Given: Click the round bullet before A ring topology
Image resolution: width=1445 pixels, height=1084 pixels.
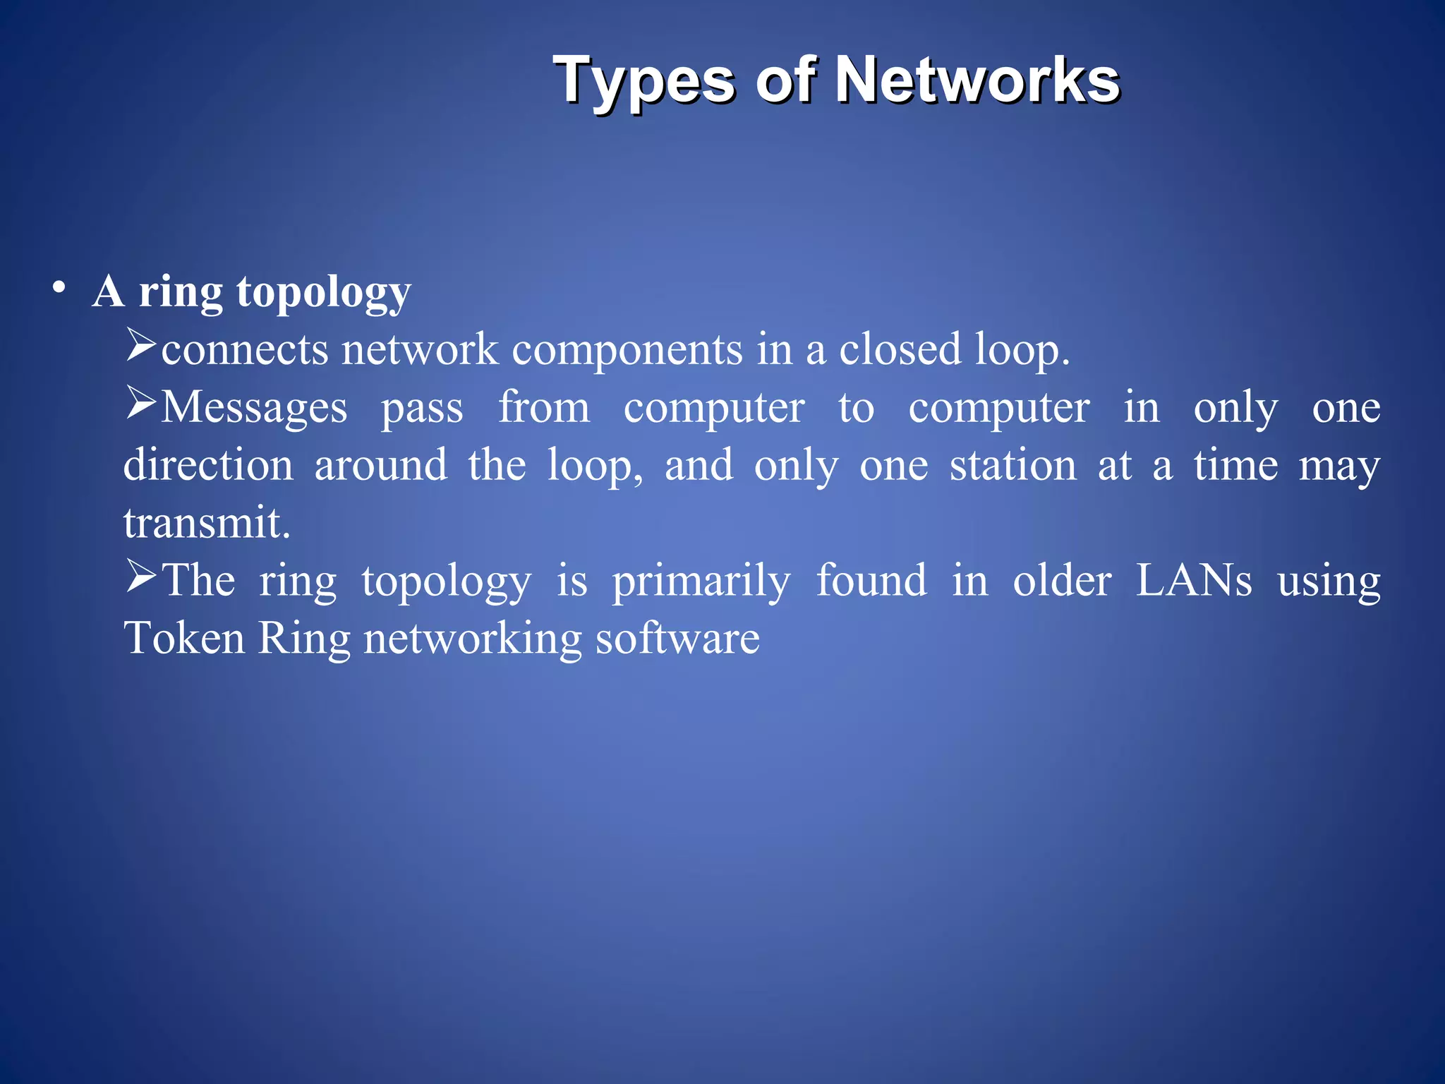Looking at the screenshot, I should pyautogui.click(x=59, y=288).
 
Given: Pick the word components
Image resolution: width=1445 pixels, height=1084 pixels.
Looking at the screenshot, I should pyautogui.click(x=627, y=350).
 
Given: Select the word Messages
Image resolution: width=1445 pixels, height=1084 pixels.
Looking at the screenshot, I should pyautogui.click(x=254, y=408).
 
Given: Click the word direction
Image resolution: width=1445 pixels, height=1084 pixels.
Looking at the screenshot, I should pyautogui.click(x=208, y=465).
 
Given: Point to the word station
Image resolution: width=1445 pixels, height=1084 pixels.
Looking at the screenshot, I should pyautogui.click(x=1012, y=465).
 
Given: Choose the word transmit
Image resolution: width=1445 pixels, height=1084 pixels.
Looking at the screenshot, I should pyautogui.click(x=207, y=523).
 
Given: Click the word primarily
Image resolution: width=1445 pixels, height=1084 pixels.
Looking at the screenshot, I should pyautogui.click(x=701, y=582).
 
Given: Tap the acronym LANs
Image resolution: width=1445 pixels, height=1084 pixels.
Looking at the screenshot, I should pyautogui.click(x=1193, y=581).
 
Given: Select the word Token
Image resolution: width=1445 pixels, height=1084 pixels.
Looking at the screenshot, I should pyautogui.click(x=184, y=639).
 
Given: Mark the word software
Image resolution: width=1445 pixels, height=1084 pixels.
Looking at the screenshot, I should pyautogui.click(x=677, y=639).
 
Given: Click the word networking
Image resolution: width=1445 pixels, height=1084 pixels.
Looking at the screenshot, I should pyautogui.click(x=472, y=639).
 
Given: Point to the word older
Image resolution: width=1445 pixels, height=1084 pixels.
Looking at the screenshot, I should pyautogui.click(x=1062, y=581).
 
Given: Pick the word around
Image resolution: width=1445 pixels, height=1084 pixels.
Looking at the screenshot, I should pyautogui.click(x=380, y=465).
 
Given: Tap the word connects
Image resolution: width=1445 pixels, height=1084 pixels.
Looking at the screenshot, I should pyautogui.click(x=244, y=350).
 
